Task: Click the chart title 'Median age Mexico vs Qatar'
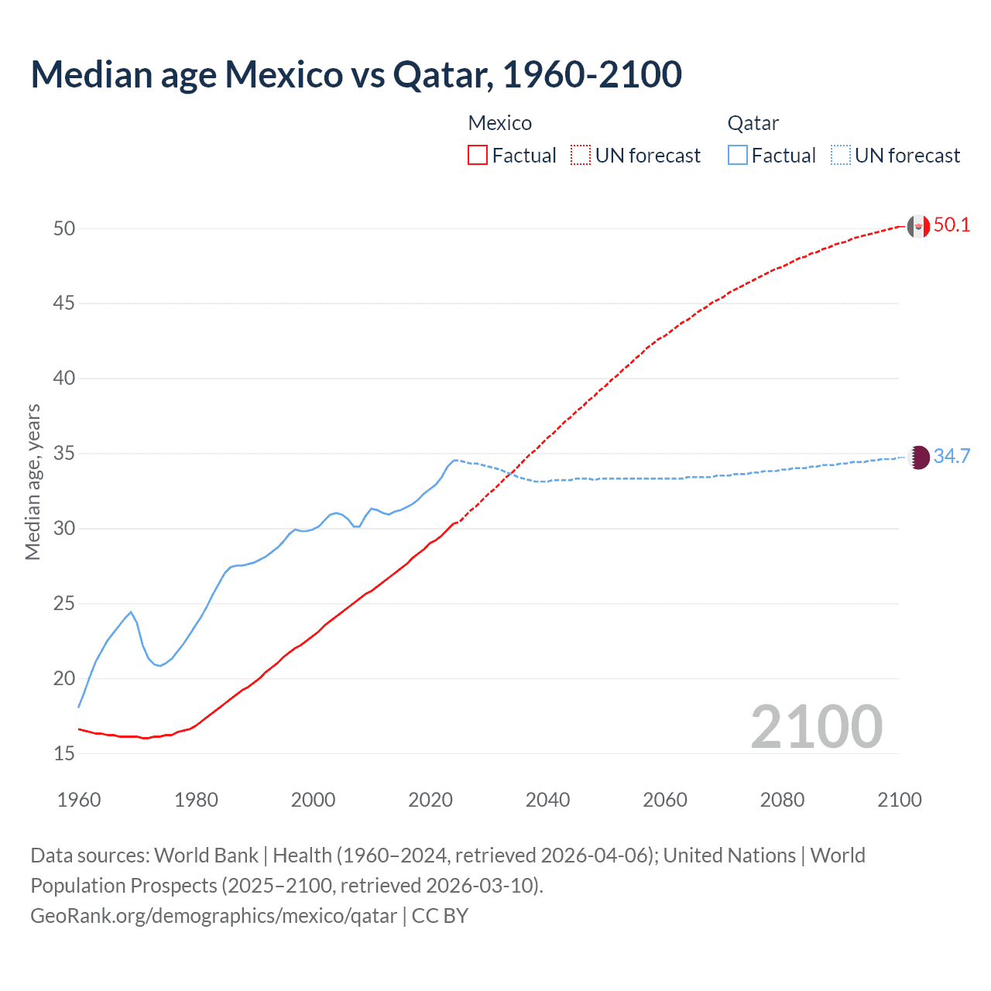[356, 74]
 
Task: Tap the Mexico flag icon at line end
[917, 226]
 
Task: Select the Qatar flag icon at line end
[918, 457]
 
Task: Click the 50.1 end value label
[952, 225]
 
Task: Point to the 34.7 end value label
[952, 456]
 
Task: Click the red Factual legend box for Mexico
[478, 156]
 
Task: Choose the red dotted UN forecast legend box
[581, 156]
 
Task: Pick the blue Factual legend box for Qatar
[738, 156]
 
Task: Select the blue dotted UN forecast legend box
[841, 156]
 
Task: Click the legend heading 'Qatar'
[753, 123]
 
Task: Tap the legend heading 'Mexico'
[500, 123]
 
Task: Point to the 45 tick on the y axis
[64, 303]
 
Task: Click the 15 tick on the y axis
[64, 753]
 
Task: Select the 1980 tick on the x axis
[196, 800]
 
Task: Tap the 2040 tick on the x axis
[547, 800]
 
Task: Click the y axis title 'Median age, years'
[33, 482]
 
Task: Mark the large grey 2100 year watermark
[816, 727]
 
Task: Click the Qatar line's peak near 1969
[131, 612]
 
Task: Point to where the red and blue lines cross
[512, 473]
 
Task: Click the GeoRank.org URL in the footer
[214, 916]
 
